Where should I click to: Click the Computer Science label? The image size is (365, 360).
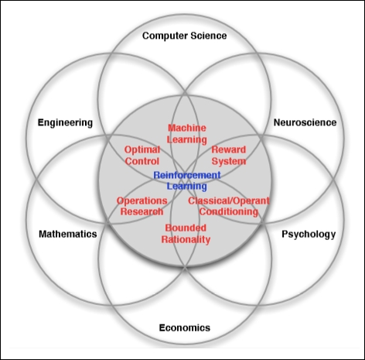[x=185, y=36]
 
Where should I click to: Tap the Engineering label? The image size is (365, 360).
[x=65, y=123]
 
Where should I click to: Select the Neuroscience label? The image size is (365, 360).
[x=305, y=122]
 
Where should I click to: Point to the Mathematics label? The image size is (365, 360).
[x=68, y=234]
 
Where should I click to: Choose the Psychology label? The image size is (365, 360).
[x=309, y=235]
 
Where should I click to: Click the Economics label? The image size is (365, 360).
[x=185, y=327]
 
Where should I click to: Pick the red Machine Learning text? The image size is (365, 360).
[x=187, y=134]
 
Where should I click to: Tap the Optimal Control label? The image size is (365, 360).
[x=142, y=156]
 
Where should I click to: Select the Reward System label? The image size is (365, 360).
[x=229, y=156]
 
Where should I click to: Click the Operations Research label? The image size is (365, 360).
[x=142, y=206]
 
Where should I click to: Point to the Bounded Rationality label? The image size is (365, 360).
[x=186, y=234]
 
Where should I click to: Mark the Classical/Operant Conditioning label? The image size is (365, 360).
[x=229, y=206]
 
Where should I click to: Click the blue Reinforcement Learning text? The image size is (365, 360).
[x=187, y=180]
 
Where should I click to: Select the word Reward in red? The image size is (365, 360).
[x=229, y=149]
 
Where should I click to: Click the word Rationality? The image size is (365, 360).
[x=186, y=240]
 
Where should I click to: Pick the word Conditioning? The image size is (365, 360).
[x=229, y=211]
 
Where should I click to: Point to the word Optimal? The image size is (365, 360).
[x=142, y=150]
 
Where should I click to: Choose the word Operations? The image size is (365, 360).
[x=142, y=201]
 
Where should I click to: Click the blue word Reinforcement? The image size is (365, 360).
[x=187, y=175]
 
